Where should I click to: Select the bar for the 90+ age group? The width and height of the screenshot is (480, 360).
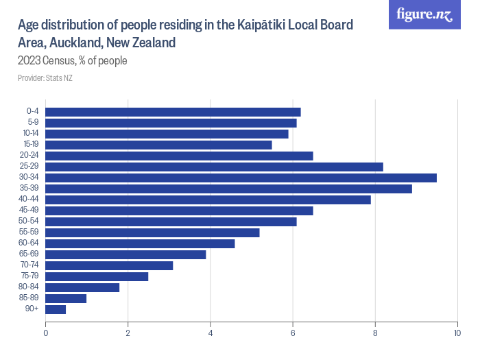56,309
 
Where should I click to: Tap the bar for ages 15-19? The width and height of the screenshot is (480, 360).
158,145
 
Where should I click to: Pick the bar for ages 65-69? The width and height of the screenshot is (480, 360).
125,254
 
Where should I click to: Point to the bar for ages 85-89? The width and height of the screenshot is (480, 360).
66,298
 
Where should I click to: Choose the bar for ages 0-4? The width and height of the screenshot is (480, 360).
173,112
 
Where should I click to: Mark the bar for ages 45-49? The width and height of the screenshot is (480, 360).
179,211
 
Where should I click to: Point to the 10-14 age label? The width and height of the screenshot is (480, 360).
31,134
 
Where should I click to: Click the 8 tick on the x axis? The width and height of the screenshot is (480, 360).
375,333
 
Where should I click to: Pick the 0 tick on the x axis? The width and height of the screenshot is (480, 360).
45,333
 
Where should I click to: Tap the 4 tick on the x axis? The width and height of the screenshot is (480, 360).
211,333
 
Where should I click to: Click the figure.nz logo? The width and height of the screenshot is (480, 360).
424,14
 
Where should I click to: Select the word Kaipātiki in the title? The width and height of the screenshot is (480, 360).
263,25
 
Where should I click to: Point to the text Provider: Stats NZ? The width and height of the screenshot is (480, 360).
45,78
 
